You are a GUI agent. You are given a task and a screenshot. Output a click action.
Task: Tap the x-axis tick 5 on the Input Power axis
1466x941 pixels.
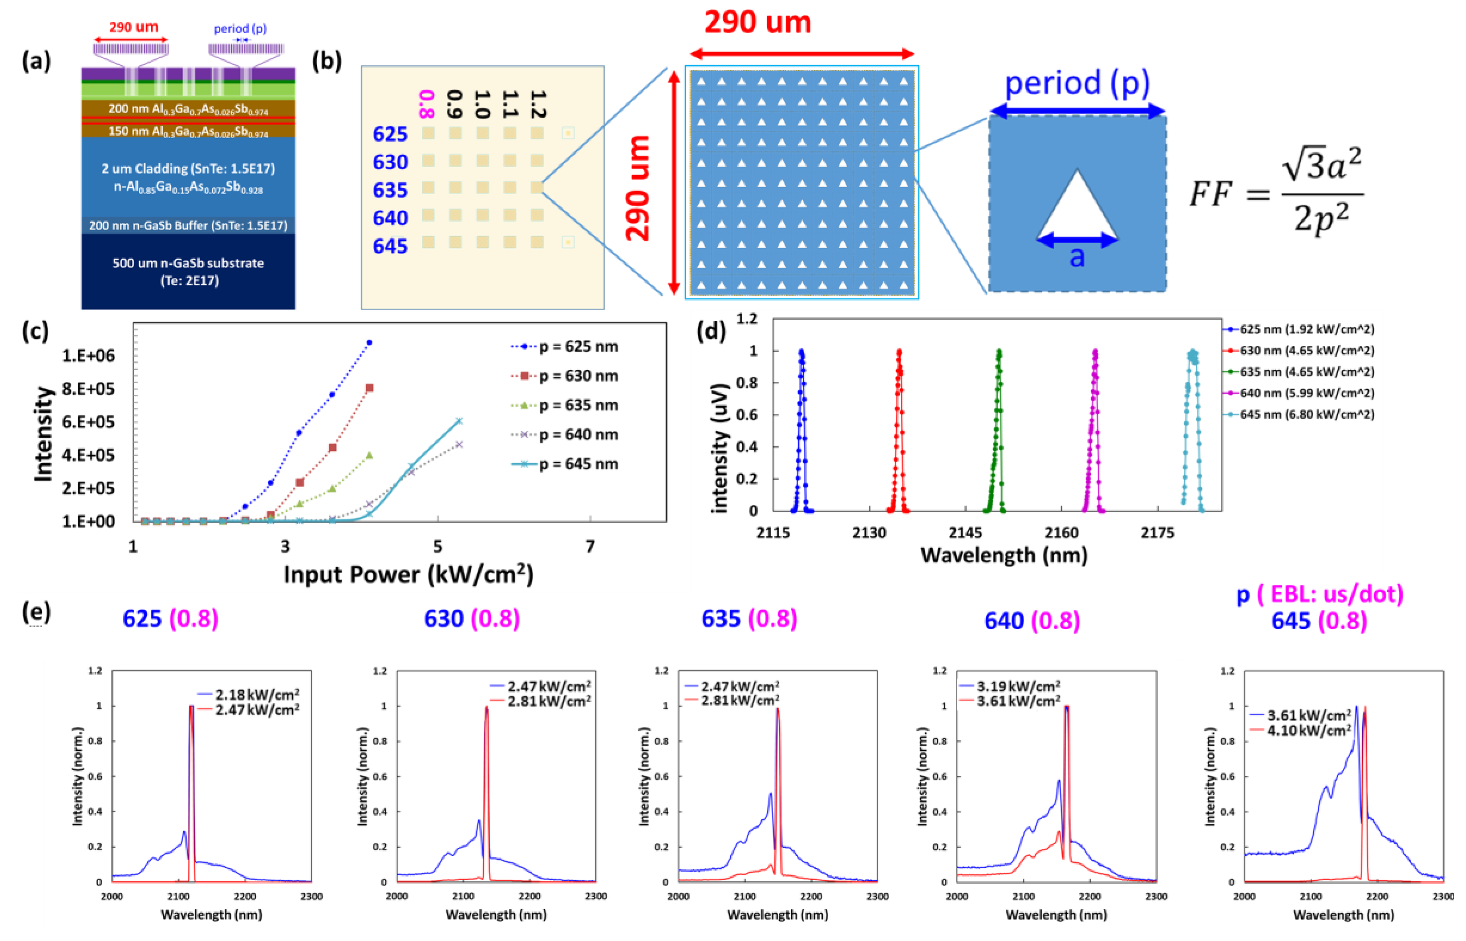tap(437, 546)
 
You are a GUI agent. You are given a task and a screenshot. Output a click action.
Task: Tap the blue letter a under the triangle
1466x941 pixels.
tap(1076, 257)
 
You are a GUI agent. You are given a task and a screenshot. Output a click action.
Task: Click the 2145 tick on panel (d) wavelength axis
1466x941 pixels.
tap(965, 533)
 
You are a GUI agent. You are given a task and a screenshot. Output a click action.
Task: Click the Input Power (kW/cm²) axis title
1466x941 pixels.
tap(408, 574)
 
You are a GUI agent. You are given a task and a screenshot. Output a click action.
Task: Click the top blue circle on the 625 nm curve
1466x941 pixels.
tap(369, 343)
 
